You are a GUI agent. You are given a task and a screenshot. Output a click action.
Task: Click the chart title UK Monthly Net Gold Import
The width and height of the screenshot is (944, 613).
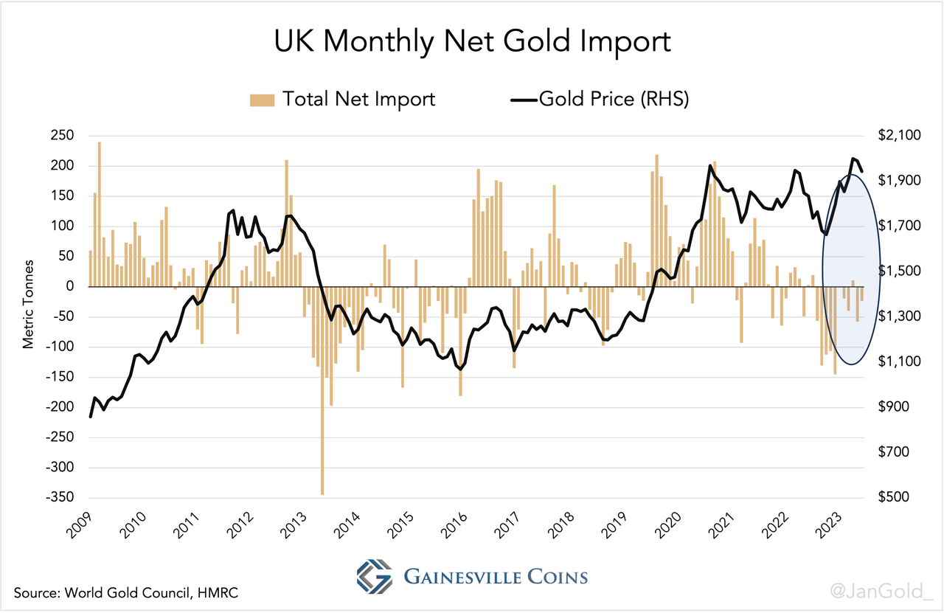[x=472, y=41]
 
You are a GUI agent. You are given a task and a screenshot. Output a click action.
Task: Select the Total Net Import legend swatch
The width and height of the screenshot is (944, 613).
[x=262, y=99]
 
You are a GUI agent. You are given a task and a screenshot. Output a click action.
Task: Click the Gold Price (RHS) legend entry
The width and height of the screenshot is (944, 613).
[x=599, y=99]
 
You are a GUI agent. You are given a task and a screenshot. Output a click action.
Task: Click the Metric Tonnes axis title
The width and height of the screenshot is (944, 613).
[x=29, y=303]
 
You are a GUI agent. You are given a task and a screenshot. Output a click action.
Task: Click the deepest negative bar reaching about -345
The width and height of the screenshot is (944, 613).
[x=322, y=391]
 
